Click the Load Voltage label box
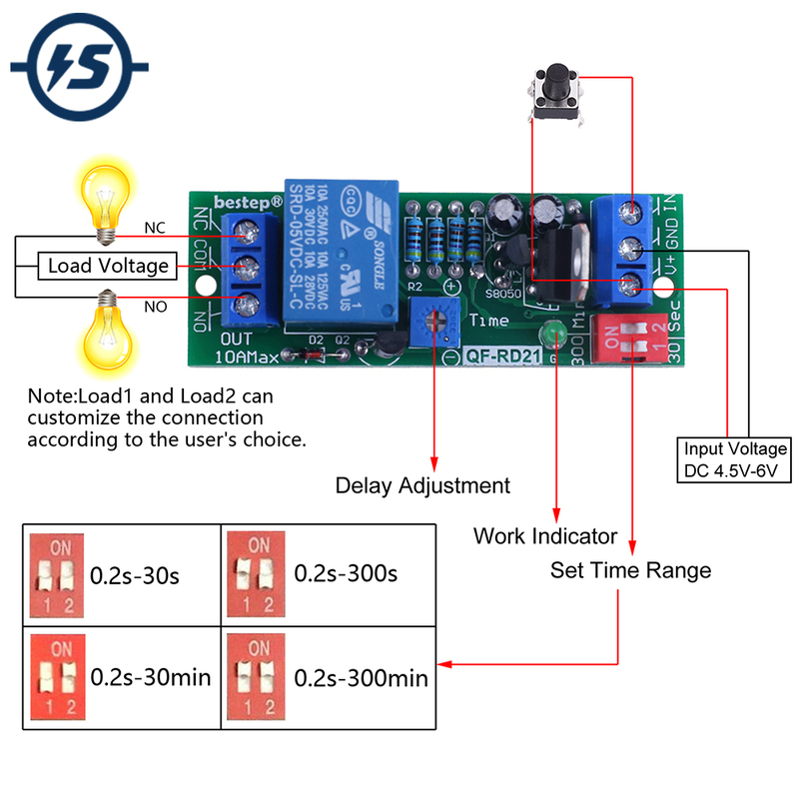(x=108, y=266)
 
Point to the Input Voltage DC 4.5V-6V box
(x=735, y=459)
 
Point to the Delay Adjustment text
(x=422, y=486)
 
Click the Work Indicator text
(x=545, y=536)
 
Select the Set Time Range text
(x=630, y=570)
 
